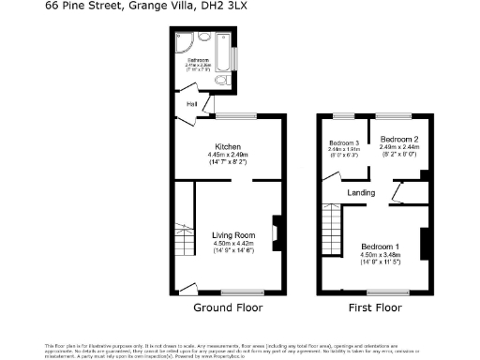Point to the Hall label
point(191,104)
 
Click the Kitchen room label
point(229,147)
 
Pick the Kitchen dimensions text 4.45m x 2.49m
point(229,155)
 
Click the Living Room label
point(233,234)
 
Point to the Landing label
point(361,193)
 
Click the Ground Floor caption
point(228,307)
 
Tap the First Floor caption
point(375,307)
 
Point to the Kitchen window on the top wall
point(231,115)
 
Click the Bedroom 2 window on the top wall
point(394,115)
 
